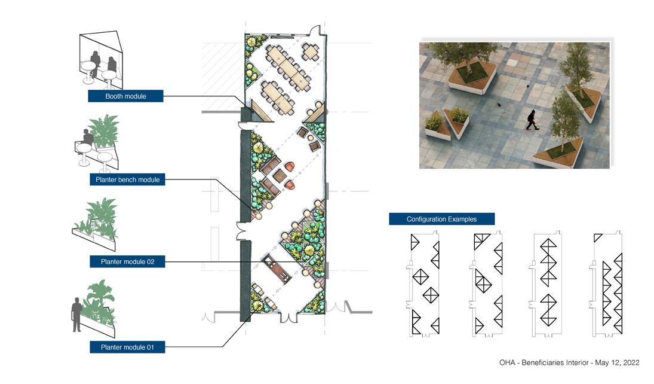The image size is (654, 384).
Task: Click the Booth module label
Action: click(x=125, y=96)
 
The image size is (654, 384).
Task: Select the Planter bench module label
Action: click(x=128, y=179)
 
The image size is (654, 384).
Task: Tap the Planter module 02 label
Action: click(x=128, y=262)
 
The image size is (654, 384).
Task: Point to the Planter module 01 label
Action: click(x=128, y=346)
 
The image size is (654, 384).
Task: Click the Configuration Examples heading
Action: click(x=441, y=220)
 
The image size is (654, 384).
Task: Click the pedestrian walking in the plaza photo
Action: click(x=532, y=120)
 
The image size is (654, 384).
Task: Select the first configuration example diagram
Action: click(x=425, y=284)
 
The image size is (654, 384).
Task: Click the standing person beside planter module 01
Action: click(x=76, y=313)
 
